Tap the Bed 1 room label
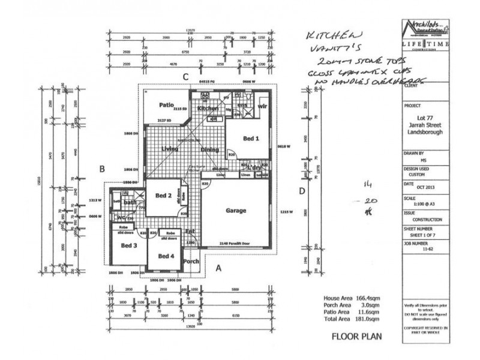(x=251, y=139)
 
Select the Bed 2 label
(x=164, y=196)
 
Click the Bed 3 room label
(x=129, y=246)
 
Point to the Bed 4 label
(x=166, y=256)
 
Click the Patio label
(x=166, y=104)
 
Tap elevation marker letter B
(x=103, y=170)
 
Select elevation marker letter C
(x=186, y=77)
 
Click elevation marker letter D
(x=302, y=191)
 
